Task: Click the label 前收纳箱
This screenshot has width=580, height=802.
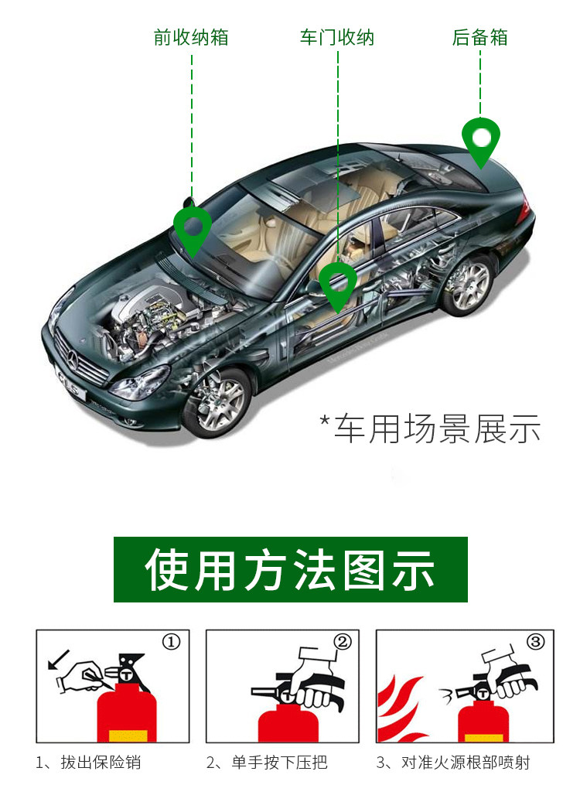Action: (x=191, y=37)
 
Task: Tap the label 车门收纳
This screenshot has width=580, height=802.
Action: (x=336, y=37)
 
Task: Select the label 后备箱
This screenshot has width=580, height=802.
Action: (x=479, y=37)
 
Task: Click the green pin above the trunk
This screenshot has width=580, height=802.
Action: (x=481, y=139)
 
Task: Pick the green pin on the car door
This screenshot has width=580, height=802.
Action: (x=338, y=283)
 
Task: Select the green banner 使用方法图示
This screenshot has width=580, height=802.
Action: (x=291, y=569)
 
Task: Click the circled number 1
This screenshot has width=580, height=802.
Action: (x=171, y=642)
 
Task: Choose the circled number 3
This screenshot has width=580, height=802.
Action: (x=535, y=642)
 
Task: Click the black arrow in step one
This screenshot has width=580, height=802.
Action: (x=56, y=660)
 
